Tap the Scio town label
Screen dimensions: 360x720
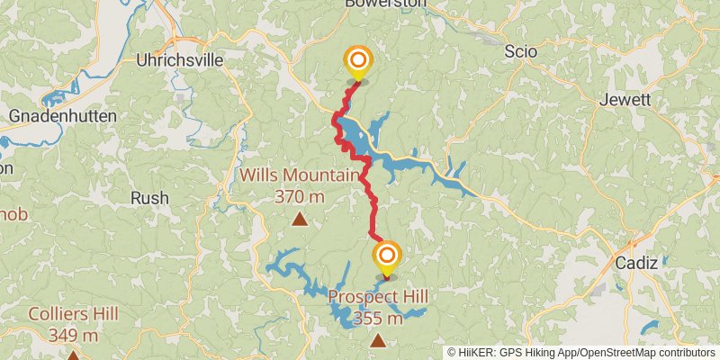tap(521, 51)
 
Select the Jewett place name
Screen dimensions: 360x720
tap(624, 100)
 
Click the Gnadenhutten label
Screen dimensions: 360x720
tap(62, 116)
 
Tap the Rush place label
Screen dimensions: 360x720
tap(149, 197)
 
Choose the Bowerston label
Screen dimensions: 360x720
tap(386, 4)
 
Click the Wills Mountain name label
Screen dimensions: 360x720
tap(302, 175)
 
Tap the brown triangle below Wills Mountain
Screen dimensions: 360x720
tap(300, 219)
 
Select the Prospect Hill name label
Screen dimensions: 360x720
tap(378, 297)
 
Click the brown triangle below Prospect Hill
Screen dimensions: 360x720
tap(379, 340)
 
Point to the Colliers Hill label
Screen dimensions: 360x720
tap(73, 314)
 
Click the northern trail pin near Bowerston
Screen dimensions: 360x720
tap(358, 62)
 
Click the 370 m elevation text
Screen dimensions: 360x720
tap(302, 194)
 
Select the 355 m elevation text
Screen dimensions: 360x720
tap(378, 318)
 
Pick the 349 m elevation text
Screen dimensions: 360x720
tap(73, 335)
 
